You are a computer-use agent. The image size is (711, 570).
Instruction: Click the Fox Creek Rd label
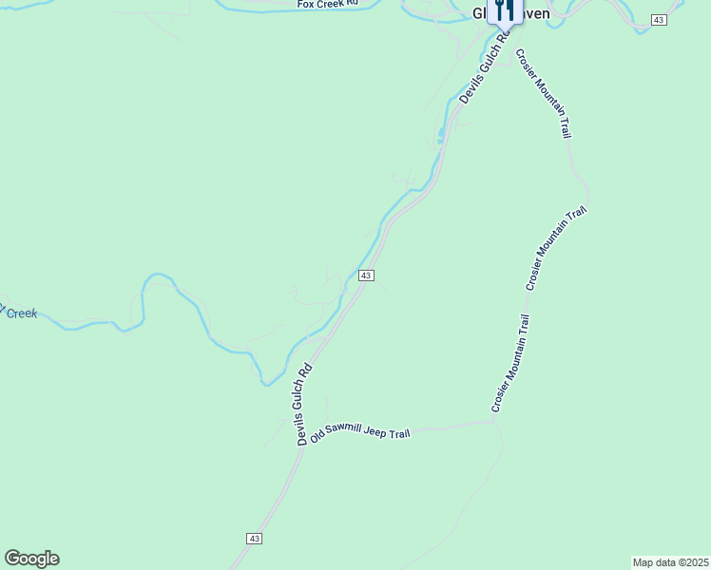pyautogui.click(x=326, y=5)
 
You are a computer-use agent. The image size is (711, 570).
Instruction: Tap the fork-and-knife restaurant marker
pyautogui.click(x=505, y=9)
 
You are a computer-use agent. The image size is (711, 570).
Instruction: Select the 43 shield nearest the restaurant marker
pyautogui.click(x=659, y=20)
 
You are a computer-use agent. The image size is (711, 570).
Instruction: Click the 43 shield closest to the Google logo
pyautogui.click(x=254, y=538)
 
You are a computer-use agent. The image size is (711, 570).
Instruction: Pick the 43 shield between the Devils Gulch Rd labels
pyautogui.click(x=366, y=275)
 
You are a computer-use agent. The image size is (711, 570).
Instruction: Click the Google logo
pyautogui.click(x=31, y=559)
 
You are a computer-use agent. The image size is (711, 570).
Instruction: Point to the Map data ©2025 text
pyautogui.click(x=669, y=562)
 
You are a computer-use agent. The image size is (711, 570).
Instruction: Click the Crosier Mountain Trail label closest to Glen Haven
pyautogui.click(x=544, y=92)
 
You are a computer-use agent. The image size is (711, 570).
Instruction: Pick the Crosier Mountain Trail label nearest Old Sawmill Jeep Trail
pyautogui.click(x=509, y=364)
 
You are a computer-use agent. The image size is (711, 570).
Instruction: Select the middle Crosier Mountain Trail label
pyautogui.click(x=558, y=248)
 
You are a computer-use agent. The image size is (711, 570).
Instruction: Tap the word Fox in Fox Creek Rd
pyautogui.click(x=305, y=5)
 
